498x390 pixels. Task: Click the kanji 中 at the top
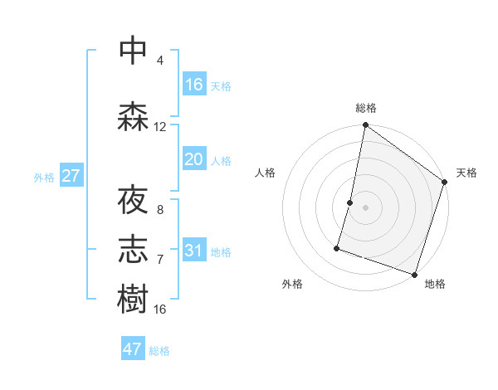pos(134,50)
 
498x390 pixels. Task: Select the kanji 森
pos(134,116)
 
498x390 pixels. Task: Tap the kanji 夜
pos(134,201)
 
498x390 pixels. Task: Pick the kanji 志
pos(134,251)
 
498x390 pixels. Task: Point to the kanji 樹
pos(134,300)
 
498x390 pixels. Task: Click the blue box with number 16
pos(194,84)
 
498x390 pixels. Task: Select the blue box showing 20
pos(194,159)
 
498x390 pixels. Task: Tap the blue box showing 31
pos(194,250)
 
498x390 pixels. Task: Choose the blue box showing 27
pos(71,176)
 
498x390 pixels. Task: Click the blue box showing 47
pos(133,349)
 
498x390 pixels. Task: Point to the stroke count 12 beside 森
pos(160,127)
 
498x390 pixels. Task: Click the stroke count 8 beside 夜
pos(160,210)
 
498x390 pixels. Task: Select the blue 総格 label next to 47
pos(159,351)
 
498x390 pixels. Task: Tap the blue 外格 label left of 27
pos(43,177)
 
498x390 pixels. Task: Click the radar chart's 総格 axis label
pos(365,108)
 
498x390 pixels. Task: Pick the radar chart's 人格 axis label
pos(266,173)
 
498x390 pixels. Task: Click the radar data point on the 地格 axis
pos(414,274)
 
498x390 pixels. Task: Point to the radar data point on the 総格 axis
pos(365,125)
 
